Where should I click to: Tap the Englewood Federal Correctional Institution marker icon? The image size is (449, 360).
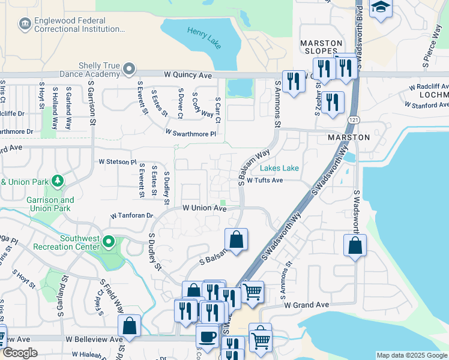tap(25, 23)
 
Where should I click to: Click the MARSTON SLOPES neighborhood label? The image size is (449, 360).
tap(322, 47)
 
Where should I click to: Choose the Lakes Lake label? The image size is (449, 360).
tap(280, 169)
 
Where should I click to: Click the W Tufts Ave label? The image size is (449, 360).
tap(264, 180)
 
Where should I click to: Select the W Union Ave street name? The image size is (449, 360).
tap(204, 208)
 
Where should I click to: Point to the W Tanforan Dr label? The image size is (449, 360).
tap(132, 215)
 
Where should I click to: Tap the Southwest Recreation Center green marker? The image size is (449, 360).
tap(109, 242)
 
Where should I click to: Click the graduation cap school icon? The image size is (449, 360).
tap(381, 8)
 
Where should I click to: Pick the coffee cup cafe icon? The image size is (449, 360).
tap(207, 335)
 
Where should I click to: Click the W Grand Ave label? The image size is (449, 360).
tap(306, 305)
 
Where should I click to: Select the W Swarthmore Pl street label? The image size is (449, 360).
tap(190, 133)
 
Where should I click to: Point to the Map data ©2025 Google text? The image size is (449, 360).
tap(412, 355)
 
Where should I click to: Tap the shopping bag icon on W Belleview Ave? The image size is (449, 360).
tap(130, 326)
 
